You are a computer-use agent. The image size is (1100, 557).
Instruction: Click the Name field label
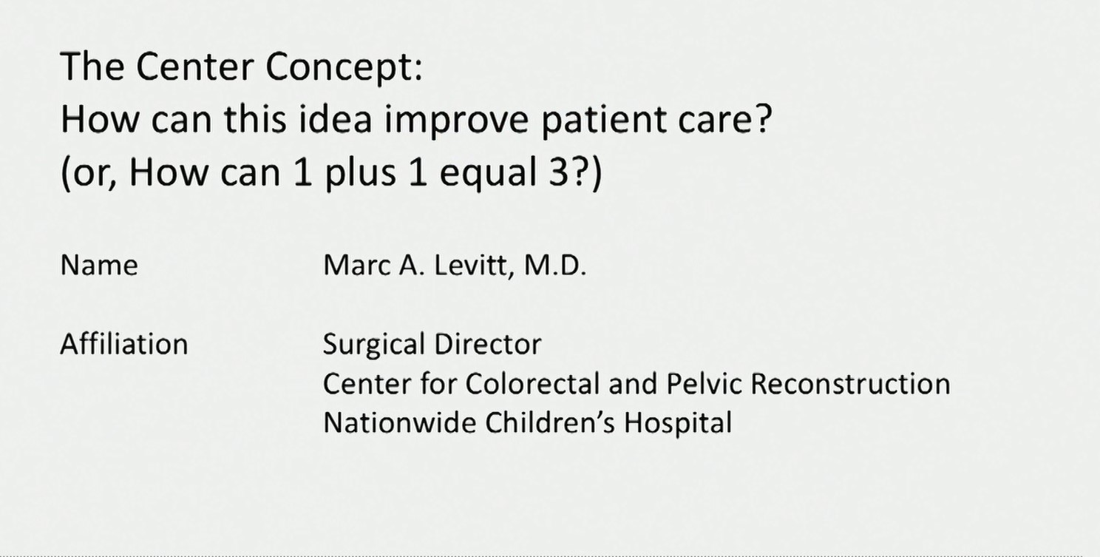pos(98,266)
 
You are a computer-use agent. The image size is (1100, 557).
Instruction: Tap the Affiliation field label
pos(123,345)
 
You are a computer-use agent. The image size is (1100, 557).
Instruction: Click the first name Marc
pos(354,266)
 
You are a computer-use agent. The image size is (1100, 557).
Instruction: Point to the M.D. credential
pos(555,266)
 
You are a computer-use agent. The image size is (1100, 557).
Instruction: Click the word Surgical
pos(373,345)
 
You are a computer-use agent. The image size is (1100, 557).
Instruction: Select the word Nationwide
pos(399,423)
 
